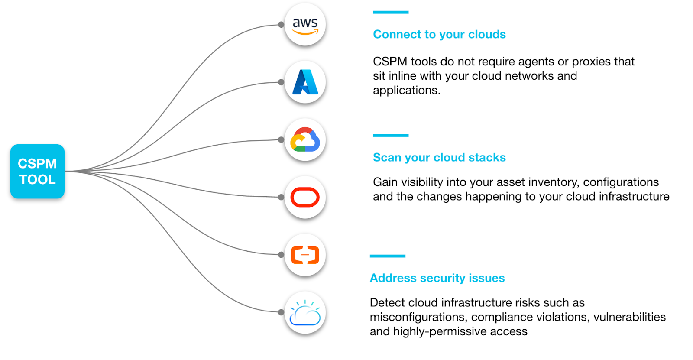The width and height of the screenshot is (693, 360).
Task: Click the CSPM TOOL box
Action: [x=37, y=171]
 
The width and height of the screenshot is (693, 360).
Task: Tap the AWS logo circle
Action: [x=305, y=25]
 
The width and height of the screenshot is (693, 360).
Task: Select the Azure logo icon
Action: [x=305, y=82]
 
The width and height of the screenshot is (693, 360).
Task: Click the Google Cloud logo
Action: [x=305, y=140]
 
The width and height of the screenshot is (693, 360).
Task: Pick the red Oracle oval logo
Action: [x=305, y=197]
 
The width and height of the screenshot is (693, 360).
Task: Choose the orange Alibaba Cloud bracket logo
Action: [x=305, y=255]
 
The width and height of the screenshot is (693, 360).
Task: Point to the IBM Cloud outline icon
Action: [x=305, y=313]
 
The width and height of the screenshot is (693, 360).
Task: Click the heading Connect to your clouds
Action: [x=439, y=34]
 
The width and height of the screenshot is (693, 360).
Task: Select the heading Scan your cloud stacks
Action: [x=439, y=157]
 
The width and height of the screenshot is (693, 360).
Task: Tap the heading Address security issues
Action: [x=437, y=278]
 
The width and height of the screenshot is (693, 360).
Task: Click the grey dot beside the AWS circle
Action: [x=281, y=25]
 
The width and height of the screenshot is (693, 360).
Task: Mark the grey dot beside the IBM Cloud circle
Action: [x=281, y=312]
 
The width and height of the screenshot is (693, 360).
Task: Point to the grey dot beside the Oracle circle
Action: [x=281, y=197]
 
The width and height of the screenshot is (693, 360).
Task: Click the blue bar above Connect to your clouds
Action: [x=390, y=12]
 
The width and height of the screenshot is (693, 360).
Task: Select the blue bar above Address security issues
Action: [x=387, y=256]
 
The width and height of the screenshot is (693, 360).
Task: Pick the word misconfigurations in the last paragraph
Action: [x=418, y=317]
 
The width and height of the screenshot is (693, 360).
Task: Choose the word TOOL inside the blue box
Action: [x=37, y=179]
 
